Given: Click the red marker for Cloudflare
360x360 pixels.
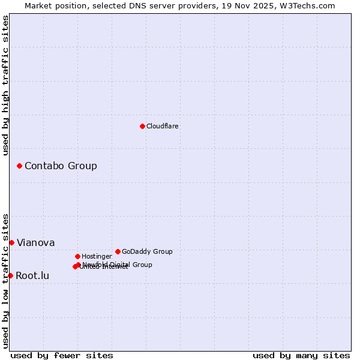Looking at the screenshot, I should pyautogui.click(x=142, y=126).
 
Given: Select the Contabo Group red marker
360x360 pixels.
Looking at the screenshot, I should pyautogui.click(x=19, y=166).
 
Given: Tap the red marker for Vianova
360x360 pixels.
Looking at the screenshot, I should pyautogui.click(x=11, y=242).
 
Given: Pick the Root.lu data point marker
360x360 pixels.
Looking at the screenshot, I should pyautogui.click(x=10, y=275).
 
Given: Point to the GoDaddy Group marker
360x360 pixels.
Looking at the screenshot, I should pyautogui.click(x=118, y=251).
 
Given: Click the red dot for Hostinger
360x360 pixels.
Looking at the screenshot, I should pyautogui.click(x=77, y=256).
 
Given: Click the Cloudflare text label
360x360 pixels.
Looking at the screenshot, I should pyautogui.click(x=162, y=126).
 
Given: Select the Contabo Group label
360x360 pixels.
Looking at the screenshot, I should pyautogui.click(x=61, y=166).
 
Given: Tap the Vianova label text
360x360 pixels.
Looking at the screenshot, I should pyautogui.click(x=35, y=242).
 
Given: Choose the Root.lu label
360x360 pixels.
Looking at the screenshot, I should pyautogui.click(x=32, y=275).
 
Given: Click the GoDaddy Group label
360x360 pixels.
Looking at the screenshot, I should pyautogui.click(x=147, y=251).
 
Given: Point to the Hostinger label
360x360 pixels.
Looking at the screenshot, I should pyautogui.click(x=97, y=256).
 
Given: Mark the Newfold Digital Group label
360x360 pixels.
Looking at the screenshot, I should pyautogui.click(x=118, y=264).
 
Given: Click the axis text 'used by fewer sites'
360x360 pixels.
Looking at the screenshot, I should pyautogui.click(x=62, y=355).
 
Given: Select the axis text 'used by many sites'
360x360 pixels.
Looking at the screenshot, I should pyautogui.click(x=301, y=355).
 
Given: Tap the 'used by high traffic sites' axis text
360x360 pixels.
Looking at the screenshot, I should pyautogui.click(x=5, y=85).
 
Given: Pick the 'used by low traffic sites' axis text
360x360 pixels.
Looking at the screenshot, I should pyautogui.click(x=5, y=281).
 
